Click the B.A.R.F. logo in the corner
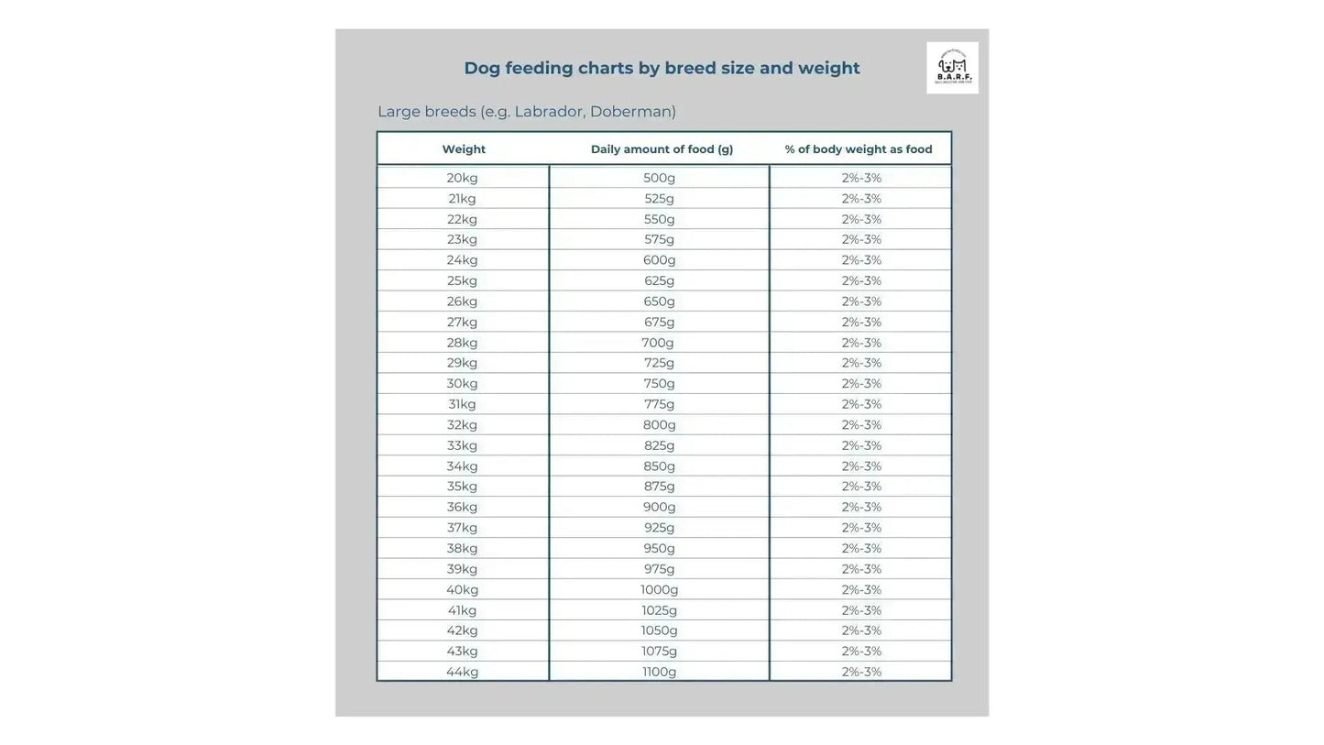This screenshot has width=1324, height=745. point(952,68)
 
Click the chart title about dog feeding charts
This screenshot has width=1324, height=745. point(662,68)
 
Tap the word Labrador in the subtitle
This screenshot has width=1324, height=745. point(546,112)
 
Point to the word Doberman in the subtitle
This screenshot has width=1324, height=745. point(632,112)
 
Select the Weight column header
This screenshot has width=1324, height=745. point(464,149)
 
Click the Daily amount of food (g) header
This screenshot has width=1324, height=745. point(662,149)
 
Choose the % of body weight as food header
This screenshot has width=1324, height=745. point(859,149)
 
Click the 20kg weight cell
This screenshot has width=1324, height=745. point(462,178)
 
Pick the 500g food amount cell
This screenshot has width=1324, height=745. point(659,178)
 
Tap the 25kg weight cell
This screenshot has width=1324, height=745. point(462,280)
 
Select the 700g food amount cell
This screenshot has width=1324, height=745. point(658,343)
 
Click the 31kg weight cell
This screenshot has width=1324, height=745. point(462,404)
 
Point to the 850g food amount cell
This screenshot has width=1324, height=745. point(659,466)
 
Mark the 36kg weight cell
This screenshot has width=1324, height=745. point(462,507)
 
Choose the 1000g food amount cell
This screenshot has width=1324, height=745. point(659,590)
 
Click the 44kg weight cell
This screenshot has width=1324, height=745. point(462,672)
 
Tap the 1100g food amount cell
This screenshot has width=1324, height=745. point(659,672)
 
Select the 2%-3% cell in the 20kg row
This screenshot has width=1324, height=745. point(861,178)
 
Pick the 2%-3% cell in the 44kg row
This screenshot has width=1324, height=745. point(861,672)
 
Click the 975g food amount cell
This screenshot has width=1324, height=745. point(659,569)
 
